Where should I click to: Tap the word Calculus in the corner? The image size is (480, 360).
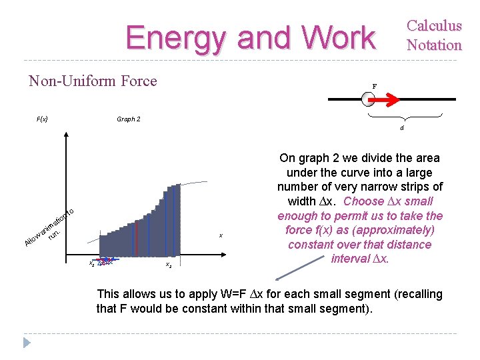[x=434, y=26]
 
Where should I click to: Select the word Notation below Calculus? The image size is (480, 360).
[x=434, y=45]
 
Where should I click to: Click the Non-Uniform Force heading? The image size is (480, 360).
[x=93, y=81]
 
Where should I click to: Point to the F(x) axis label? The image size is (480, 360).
[x=41, y=119]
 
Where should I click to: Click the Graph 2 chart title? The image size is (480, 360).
[x=128, y=119]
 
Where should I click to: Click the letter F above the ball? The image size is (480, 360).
[x=374, y=86]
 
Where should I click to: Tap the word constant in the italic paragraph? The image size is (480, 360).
[x=313, y=245]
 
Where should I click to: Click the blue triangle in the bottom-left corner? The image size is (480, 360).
[x=27, y=343]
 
